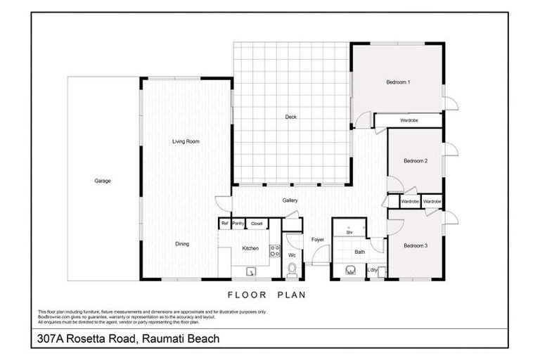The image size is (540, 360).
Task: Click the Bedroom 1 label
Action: tap(398, 83)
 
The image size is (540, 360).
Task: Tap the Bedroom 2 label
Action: tap(416, 161)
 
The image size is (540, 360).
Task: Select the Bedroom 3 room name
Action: tap(416, 245)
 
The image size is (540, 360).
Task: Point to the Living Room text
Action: tap(186, 142)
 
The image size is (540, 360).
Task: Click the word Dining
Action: tap(182, 244)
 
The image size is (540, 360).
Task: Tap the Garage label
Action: tap(103, 181)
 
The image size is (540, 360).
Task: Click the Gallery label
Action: tap(290, 200)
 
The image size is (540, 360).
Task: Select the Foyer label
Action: tap(318, 240)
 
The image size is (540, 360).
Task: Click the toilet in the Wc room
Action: tap(292, 269)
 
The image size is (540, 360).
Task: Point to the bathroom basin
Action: tap(349, 270)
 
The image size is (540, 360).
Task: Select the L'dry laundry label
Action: tap(373, 270)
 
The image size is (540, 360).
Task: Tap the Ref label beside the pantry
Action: tap(225, 224)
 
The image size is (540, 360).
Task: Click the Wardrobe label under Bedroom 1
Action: tap(409, 121)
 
